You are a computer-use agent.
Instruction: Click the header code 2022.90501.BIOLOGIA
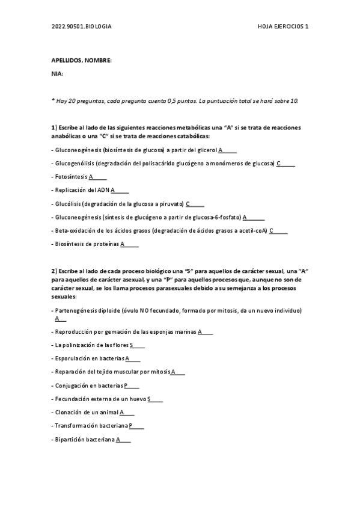pos(82,27)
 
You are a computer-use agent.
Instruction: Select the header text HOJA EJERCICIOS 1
pos(282,27)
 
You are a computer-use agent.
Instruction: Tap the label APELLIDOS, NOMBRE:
pos(82,61)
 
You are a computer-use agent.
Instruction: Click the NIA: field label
pos(58,73)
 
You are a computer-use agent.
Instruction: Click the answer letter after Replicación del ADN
pos(112,190)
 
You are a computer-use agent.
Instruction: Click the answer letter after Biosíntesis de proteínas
pos(122,244)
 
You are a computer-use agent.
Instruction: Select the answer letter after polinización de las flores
pos(131,345)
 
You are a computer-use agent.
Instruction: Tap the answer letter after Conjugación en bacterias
pos(126,386)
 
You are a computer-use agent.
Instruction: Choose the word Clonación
pos(68,413)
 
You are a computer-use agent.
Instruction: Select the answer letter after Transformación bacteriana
pos(130,426)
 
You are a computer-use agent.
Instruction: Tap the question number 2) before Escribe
pos(54,271)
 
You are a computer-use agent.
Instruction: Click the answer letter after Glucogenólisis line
pos(278,163)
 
